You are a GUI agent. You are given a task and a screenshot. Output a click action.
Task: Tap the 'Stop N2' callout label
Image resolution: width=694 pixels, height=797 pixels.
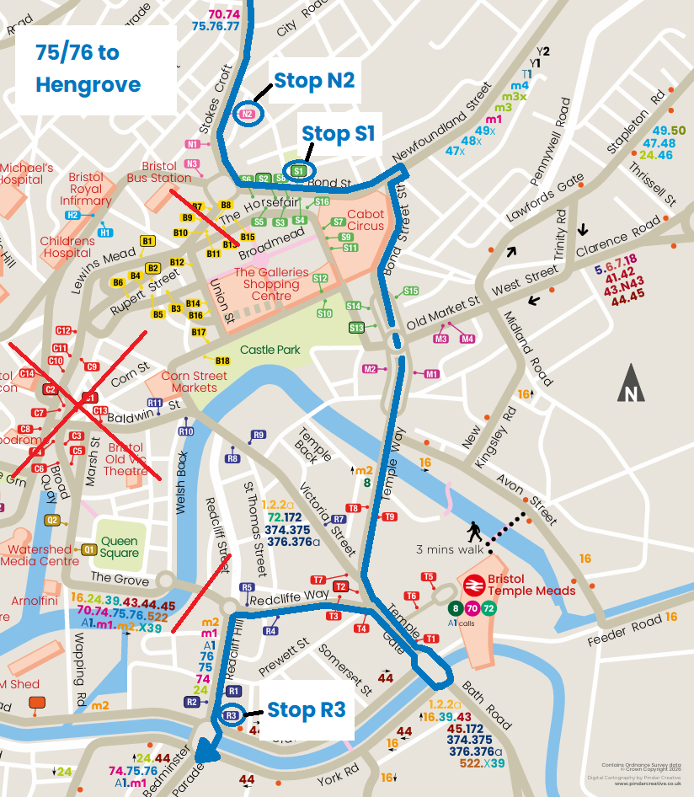[313, 81]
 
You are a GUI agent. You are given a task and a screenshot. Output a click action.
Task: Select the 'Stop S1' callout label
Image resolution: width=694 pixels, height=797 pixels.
[338, 134]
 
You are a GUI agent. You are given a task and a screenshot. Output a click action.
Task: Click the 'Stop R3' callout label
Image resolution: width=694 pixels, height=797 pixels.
[306, 709]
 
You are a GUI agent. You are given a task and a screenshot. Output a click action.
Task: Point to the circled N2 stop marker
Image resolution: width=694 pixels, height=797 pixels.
[248, 114]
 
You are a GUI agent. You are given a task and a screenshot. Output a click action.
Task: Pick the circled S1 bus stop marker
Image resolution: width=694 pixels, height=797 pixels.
[298, 170]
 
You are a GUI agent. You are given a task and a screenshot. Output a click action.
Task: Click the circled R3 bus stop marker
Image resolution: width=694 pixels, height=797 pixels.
[232, 716]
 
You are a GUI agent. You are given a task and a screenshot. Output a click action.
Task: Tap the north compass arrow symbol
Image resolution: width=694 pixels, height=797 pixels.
[630, 384]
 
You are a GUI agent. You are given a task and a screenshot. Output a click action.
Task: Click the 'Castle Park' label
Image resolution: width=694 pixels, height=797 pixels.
[270, 350]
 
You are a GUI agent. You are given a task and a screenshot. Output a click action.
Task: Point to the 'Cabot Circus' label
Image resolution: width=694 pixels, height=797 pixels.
[365, 221]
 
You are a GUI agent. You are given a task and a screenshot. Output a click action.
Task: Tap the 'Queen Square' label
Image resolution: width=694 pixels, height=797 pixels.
[120, 548]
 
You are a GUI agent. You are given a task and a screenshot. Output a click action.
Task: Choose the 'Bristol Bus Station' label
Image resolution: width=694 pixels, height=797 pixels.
[159, 173]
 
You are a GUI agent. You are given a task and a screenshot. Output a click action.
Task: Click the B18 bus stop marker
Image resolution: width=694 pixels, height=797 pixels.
[223, 361]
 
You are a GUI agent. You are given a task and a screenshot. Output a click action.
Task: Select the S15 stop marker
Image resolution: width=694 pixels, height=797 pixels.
[410, 292]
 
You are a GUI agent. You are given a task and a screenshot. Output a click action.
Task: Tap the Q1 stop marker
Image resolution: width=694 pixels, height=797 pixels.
[89, 549]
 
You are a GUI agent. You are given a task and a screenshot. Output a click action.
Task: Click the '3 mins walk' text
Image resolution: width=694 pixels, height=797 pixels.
[450, 549]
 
